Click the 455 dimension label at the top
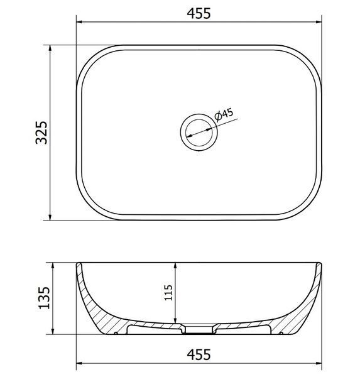pyautogui.click(x=199, y=13)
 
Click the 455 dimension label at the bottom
pyautogui.click(x=199, y=354)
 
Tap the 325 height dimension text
pyautogui.click(x=41, y=133)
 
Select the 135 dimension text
pyautogui.click(x=44, y=298)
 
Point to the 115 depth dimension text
pyautogui.click(x=168, y=293)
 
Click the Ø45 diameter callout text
pyautogui.click(x=224, y=115)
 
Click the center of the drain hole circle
pyautogui.click(x=199, y=133)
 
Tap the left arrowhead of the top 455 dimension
pyautogui.click(x=79, y=22)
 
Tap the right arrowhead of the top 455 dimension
pyautogui.click(x=319, y=22)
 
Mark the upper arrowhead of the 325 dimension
pyautogui.click(x=50, y=48)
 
